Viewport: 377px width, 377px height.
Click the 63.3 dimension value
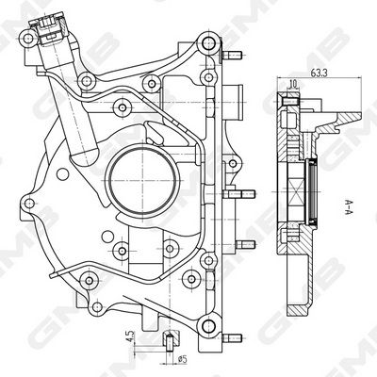click(319, 73)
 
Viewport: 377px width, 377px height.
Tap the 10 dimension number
click(292, 84)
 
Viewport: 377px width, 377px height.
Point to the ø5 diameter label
click(182, 358)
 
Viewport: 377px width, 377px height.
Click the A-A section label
click(348, 207)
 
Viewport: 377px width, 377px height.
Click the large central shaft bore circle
click(142, 181)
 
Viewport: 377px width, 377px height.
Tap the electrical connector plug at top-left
click(49, 27)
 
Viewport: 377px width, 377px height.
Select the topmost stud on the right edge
click(232, 56)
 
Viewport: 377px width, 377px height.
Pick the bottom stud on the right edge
click(232, 338)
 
